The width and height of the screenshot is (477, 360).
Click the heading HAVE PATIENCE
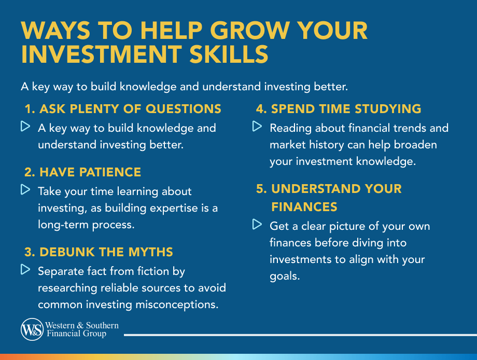click(x=83, y=172)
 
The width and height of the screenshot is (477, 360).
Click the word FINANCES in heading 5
click(x=304, y=207)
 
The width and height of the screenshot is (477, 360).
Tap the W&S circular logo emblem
click(x=32, y=330)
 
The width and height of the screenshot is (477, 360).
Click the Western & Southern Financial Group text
click(x=82, y=329)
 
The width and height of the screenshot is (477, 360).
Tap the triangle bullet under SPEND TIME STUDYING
click(x=257, y=127)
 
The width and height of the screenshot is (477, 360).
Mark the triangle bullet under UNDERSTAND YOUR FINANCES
click(x=257, y=225)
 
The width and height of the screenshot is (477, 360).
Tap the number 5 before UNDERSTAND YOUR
click(x=261, y=188)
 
